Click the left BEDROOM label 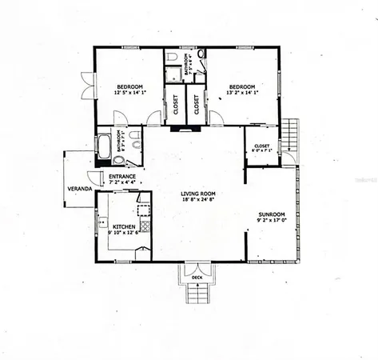(129, 87)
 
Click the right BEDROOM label (241, 87)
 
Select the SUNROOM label (272, 215)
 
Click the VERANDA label (78, 190)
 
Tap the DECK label (197, 277)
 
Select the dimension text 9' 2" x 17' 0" (272, 222)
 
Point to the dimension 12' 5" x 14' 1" (129, 94)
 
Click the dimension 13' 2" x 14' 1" (241, 94)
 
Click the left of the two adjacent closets (175, 104)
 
